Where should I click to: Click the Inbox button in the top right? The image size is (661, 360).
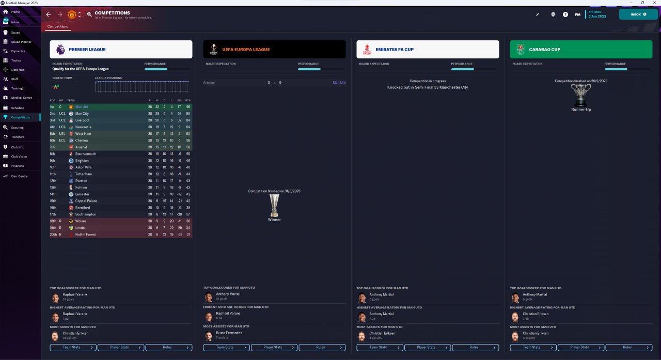638,14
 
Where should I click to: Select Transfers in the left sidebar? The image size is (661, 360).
18,137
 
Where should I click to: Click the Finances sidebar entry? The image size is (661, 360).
18,166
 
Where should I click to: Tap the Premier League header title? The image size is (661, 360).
87,50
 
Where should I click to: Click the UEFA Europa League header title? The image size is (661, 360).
246,50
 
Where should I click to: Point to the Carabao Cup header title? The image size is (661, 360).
544,50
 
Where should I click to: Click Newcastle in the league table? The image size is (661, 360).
83,127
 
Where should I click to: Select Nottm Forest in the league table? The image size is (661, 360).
85,234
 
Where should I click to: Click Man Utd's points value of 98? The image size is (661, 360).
188,107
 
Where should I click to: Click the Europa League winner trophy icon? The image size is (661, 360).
274,205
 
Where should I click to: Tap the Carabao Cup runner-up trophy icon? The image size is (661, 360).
581,96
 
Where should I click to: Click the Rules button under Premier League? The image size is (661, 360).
168,348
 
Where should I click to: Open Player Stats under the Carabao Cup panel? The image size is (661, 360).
581,348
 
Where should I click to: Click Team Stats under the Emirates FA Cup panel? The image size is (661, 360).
380,348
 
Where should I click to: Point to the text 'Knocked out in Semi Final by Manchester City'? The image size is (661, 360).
428,88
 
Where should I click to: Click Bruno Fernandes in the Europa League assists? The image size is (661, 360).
229,333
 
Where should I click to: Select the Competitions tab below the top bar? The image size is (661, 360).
57,26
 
